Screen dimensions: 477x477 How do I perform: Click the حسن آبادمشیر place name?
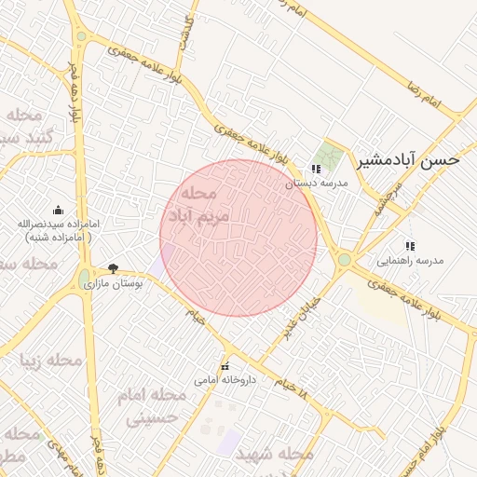click(409, 160)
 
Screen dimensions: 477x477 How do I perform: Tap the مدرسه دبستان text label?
click(316, 184)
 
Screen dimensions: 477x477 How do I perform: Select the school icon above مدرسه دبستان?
click(316, 169)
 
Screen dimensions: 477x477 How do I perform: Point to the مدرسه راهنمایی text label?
click(411, 261)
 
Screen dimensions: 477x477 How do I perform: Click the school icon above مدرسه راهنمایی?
click(410, 246)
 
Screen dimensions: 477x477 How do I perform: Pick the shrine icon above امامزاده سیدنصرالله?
click(59, 210)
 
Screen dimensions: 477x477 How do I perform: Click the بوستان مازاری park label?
click(114, 283)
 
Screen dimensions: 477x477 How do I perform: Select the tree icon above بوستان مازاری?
click(113, 268)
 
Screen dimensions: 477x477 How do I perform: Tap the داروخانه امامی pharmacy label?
click(225, 380)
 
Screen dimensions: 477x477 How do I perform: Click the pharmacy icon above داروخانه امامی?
click(225, 365)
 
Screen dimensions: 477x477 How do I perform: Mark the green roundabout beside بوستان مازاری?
click(85, 276)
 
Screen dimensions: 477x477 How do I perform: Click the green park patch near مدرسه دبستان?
click(327, 155)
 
